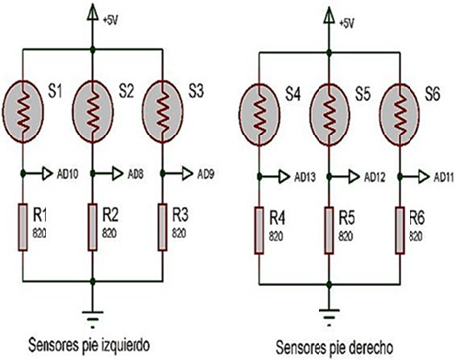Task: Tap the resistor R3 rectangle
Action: click(x=160, y=224)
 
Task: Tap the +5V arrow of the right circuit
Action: click(x=327, y=14)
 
